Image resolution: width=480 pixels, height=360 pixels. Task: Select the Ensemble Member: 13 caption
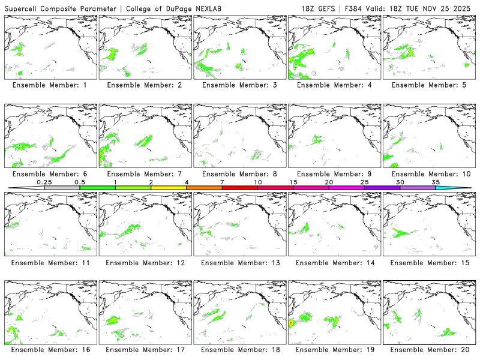click(239, 262)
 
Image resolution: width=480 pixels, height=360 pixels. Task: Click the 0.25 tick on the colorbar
click(44, 182)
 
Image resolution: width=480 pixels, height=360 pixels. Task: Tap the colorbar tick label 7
click(222, 182)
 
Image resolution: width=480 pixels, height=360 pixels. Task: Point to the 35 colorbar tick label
click(435, 182)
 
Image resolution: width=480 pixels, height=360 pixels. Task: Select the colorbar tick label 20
click(329, 182)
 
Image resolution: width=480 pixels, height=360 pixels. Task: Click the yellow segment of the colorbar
click(169, 188)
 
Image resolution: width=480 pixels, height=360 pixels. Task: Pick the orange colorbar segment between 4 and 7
click(204, 188)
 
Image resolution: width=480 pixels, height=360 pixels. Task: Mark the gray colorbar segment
click(62, 188)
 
